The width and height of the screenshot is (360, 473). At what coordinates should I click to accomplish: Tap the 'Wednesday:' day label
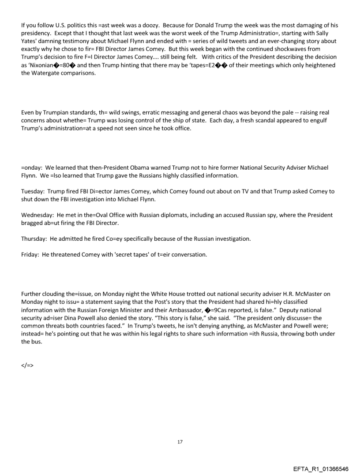click(37, 215)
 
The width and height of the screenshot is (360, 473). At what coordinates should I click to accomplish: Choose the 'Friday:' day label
click(30, 255)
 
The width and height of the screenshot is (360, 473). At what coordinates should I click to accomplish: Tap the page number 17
click(180, 442)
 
